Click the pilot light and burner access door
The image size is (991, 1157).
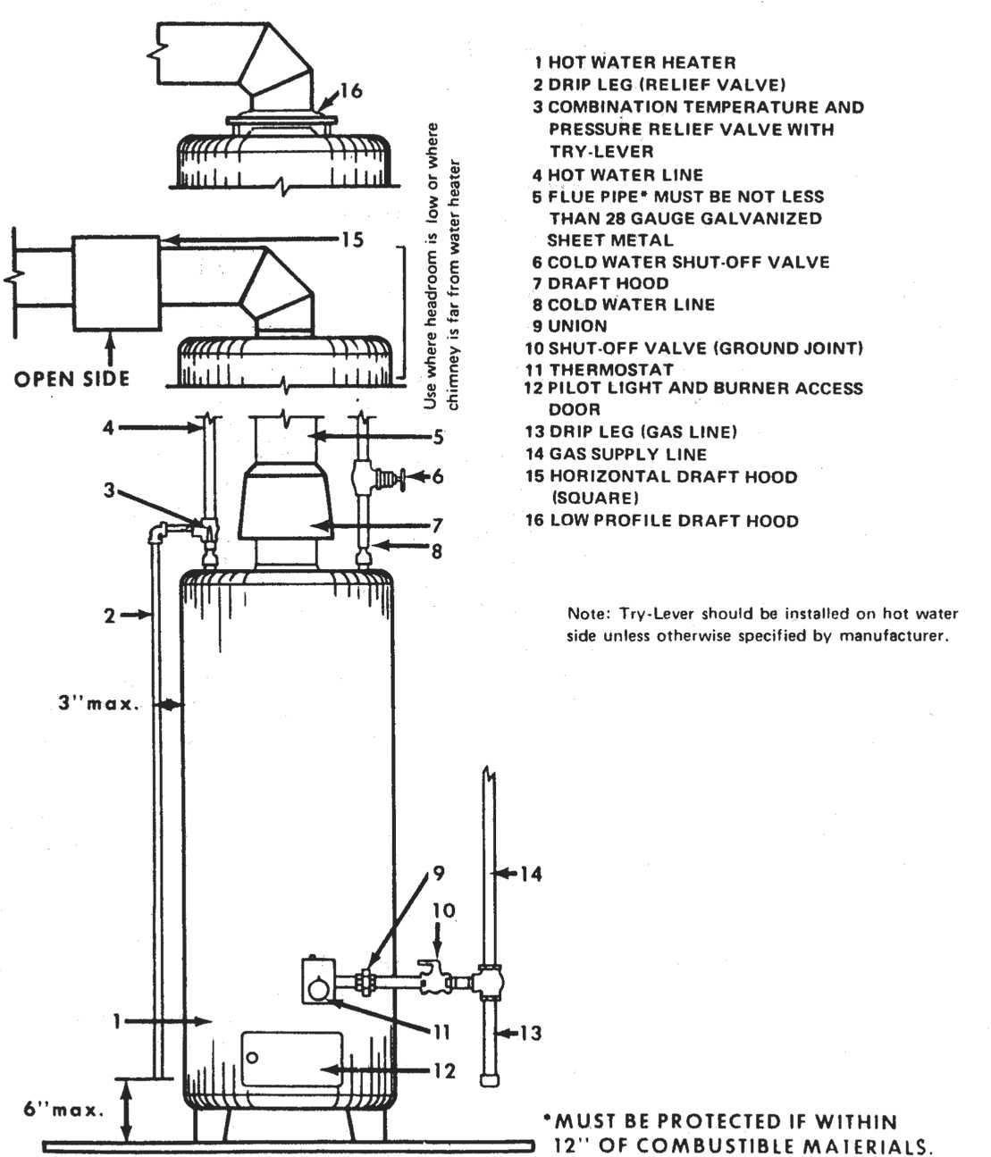pyautogui.click(x=291, y=1060)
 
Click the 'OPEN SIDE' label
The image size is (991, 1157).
pyautogui.click(x=71, y=379)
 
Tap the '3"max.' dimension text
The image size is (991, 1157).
pyautogui.click(x=99, y=703)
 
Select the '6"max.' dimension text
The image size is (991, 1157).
pyautogui.click(x=63, y=1111)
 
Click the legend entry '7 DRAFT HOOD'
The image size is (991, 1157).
pyautogui.click(x=600, y=283)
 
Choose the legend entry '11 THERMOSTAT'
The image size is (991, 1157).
pyautogui.click(x=600, y=369)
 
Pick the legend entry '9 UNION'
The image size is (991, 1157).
pyautogui.click(x=570, y=326)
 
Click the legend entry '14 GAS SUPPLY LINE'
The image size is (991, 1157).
pyautogui.click(x=617, y=454)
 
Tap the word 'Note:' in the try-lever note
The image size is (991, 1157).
pyautogui.click(x=586, y=614)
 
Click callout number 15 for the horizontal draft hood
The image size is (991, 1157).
pyautogui.click(x=352, y=239)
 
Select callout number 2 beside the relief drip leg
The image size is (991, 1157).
pyautogui.click(x=109, y=615)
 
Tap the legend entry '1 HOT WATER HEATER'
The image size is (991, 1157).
pyautogui.click(x=635, y=63)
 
